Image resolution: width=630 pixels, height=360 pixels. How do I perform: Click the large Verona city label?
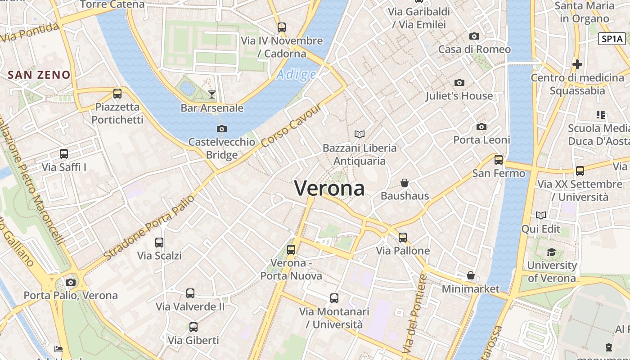tap(329, 188)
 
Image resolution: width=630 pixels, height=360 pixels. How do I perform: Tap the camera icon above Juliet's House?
tap(459, 82)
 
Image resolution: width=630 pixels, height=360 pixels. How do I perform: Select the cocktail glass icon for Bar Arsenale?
tap(212, 94)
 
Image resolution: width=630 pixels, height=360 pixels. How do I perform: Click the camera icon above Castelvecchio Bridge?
tap(221, 129)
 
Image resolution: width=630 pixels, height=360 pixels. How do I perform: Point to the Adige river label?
tap(296, 75)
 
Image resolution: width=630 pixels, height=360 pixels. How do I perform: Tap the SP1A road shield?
tap(612, 39)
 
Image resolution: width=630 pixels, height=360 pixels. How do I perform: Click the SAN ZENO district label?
tap(39, 75)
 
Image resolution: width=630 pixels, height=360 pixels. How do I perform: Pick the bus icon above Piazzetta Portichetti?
tap(117, 94)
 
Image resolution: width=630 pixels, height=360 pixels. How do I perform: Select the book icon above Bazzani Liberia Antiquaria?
tap(360, 134)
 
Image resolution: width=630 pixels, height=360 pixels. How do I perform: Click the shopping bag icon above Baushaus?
tap(405, 183)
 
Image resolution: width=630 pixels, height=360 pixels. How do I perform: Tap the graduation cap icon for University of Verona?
tap(552, 252)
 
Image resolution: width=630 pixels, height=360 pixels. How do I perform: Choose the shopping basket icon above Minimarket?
tap(471, 275)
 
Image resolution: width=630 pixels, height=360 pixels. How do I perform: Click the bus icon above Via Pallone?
tap(403, 237)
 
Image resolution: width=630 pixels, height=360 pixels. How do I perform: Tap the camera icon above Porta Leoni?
tap(481, 126)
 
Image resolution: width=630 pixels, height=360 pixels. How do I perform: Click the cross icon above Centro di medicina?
tap(577, 64)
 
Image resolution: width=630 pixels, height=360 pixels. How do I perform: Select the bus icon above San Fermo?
tap(499, 160)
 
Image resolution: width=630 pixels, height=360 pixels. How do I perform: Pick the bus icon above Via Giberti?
tap(193, 327)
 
